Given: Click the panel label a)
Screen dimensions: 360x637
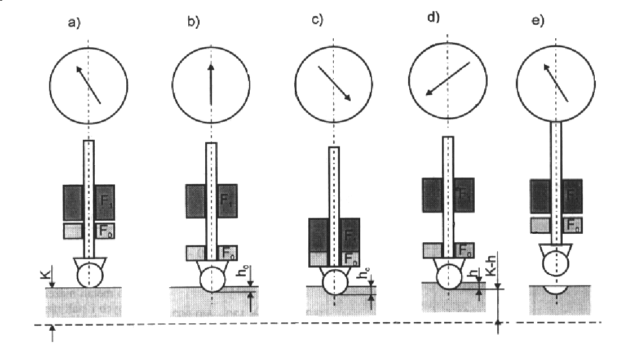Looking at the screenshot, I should [x=73, y=24].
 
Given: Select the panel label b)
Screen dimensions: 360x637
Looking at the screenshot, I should [x=194, y=23].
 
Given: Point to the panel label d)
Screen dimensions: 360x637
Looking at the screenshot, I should [x=433, y=17].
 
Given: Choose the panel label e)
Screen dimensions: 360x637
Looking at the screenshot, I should [x=538, y=21].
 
